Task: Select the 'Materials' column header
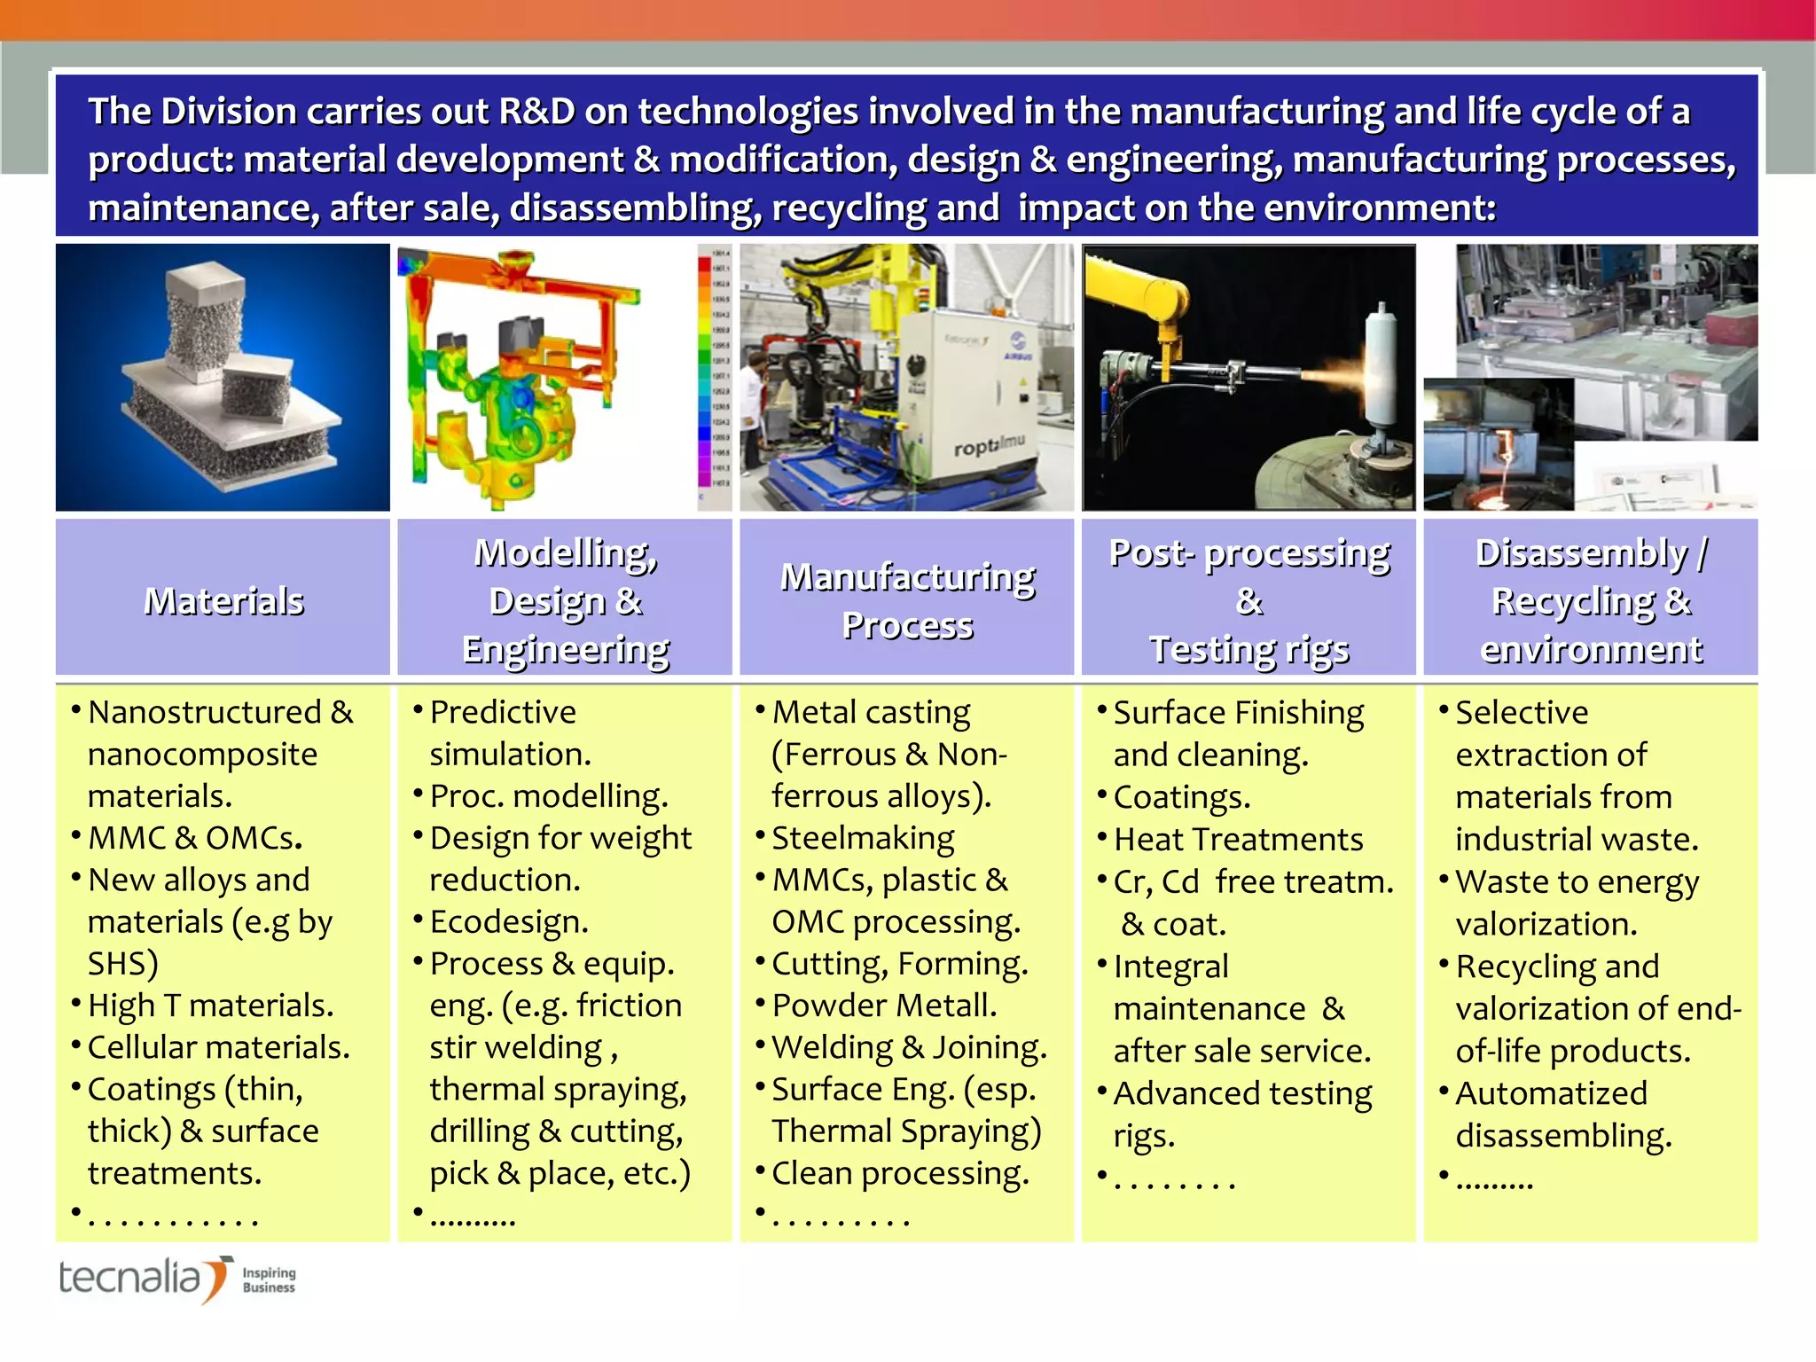[x=223, y=600]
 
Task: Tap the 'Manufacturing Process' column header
[x=907, y=600]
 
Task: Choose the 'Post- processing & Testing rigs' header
[x=1248, y=600]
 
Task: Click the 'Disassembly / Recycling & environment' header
[x=1591, y=600]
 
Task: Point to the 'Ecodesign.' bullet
[x=509, y=921]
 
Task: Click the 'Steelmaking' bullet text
[x=863, y=838]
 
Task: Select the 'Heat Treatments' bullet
[x=1238, y=839]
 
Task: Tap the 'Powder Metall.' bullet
[x=884, y=1006]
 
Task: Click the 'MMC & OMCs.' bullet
[x=195, y=838]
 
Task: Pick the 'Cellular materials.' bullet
[x=218, y=1047]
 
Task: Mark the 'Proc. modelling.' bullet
[x=548, y=796]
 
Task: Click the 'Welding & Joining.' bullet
[x=909, y=1047]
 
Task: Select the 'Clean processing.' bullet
[x=900, y=1173]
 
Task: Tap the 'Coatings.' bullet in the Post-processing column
[x=1181, y=797]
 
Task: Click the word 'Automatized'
[x=1551, y=1093]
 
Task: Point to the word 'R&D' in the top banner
[x=536, y=112]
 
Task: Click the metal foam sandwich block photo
[x=223, y=378]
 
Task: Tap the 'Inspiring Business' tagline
[x=269, y=1280]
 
